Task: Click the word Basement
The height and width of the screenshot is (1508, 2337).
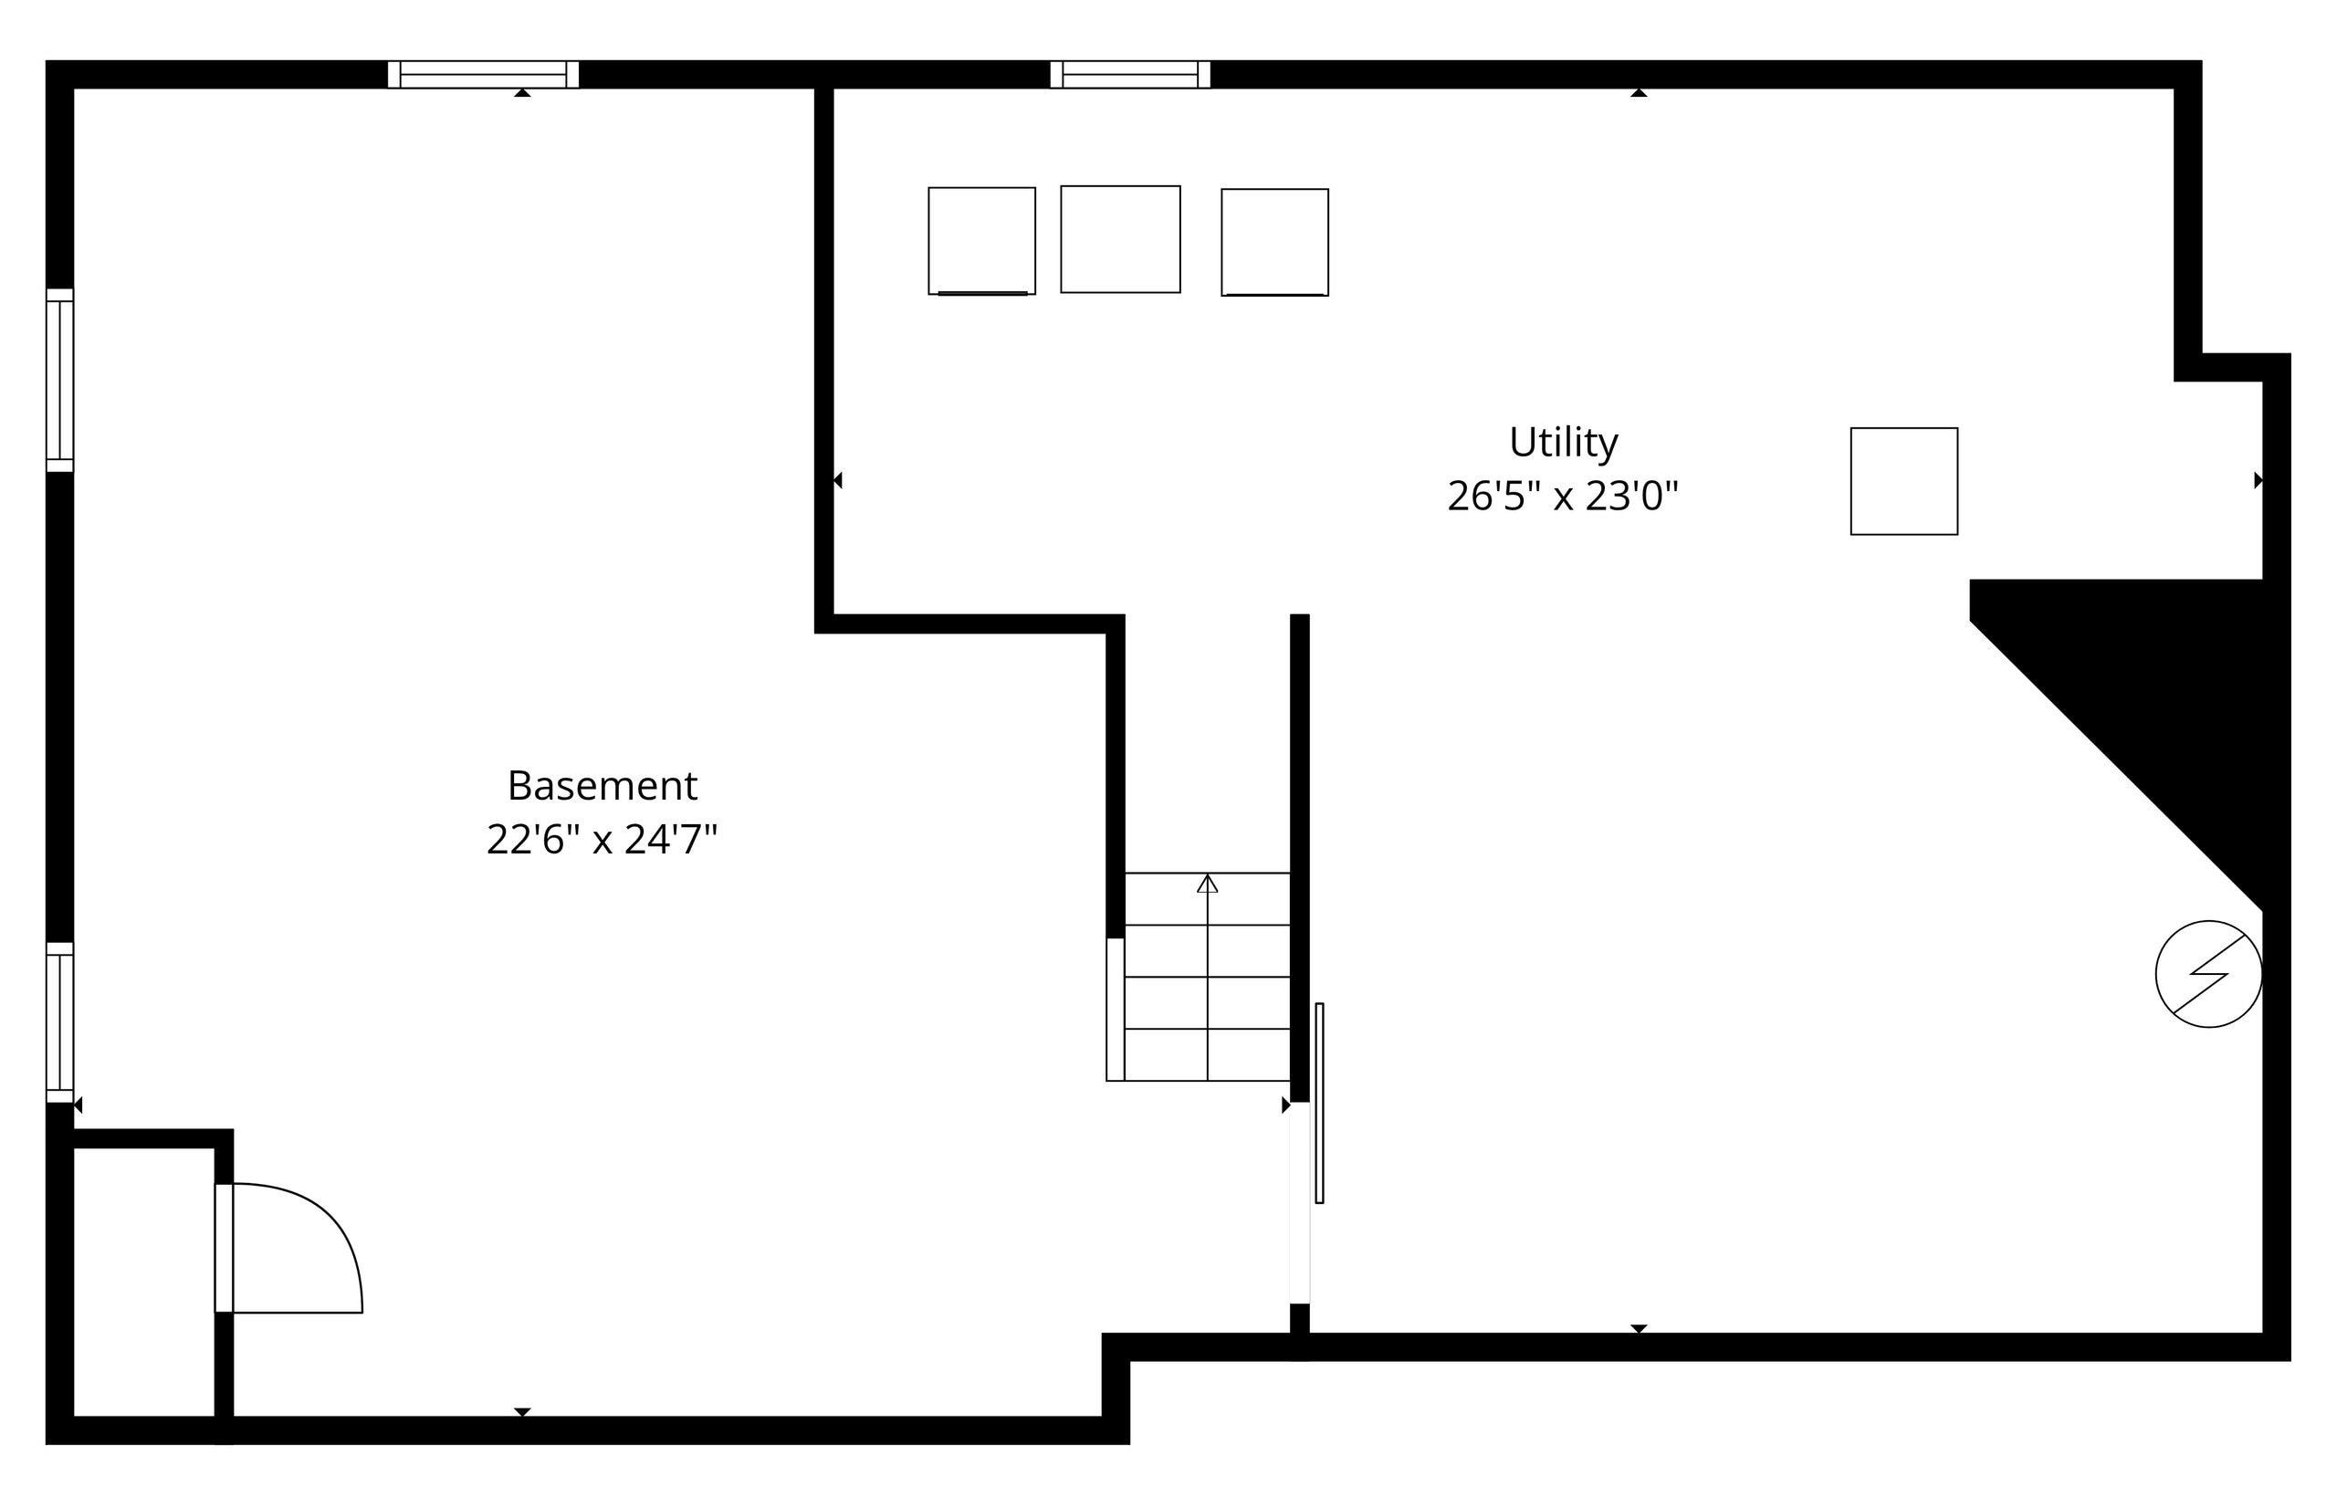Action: click(x=603, y=785)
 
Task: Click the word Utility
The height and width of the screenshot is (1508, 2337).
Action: click(x=1563, y=443)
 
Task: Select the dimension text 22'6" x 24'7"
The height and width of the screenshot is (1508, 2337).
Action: click(x=603, y=839)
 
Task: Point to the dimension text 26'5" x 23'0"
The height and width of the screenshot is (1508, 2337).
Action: click(x=1563, y=497)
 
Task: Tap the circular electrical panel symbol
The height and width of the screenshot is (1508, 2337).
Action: click(x=2209, y=974)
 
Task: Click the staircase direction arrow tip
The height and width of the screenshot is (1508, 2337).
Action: click(x=1207, y=876)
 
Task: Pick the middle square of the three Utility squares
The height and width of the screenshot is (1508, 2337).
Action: click(x=1120, y=239)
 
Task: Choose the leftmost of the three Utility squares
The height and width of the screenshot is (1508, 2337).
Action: click(x=981, y=241)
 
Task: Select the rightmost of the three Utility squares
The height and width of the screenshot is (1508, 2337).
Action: click(x=1274, y=243)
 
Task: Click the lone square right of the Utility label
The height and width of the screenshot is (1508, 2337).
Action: click(x=1903, y=481)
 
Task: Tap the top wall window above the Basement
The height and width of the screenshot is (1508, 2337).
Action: click(x=483, y=75)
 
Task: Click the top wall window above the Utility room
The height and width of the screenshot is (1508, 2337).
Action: click(x=1130, y=75)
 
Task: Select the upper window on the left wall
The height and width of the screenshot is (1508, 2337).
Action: click(x=59, y=380)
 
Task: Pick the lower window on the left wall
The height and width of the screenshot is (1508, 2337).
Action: click(x=59, y=1022)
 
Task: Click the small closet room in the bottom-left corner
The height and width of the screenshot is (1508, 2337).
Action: click(x=144, y=1282)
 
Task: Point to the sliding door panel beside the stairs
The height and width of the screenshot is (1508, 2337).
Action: click(x=1319, y=1103)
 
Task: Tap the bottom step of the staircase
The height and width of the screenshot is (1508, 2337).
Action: click(x=1207, y=1054)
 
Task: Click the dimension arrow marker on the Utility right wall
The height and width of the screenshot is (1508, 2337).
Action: click(x=2258, y=480)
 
